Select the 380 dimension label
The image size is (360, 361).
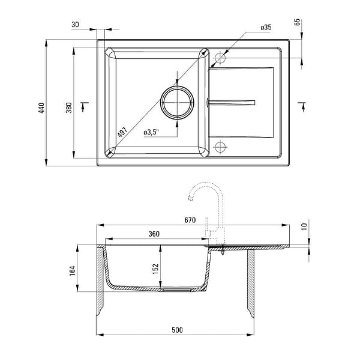click(x=69, y=108)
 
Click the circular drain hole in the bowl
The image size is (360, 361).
click(x=177, y=103)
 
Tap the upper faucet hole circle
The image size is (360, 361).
click(x=220, y=58)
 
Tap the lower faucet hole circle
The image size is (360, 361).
click(x=220, y=147)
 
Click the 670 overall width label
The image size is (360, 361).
click(x=190, y=220)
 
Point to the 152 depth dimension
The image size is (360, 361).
click(x=155, y=268)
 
